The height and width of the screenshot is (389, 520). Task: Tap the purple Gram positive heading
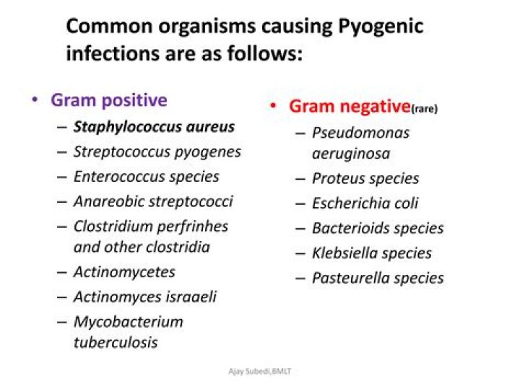(108, 100)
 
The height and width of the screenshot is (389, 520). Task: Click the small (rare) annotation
(425, 110)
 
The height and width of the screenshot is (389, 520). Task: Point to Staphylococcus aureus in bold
(154, 127)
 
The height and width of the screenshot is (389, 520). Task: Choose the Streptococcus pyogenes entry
(157, 152)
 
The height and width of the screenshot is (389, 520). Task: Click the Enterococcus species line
(146, 176)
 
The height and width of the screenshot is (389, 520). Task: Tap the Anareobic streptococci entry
(153, 201)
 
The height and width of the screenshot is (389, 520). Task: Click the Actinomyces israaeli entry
(144, 297)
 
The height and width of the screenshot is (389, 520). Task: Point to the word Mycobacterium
(128, 321)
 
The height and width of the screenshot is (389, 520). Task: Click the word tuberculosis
(115, 342)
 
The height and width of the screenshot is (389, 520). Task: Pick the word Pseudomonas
(360, 133)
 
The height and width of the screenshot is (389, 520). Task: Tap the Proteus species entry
(365, 178)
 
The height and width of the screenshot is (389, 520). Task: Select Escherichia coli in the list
(365, 204)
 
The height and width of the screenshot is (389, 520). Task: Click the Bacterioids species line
(377, 229)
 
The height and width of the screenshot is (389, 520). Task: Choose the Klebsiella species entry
(371, 253)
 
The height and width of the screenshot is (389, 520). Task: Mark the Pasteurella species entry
(377, 278)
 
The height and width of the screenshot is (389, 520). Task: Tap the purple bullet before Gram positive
(35, 100)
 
